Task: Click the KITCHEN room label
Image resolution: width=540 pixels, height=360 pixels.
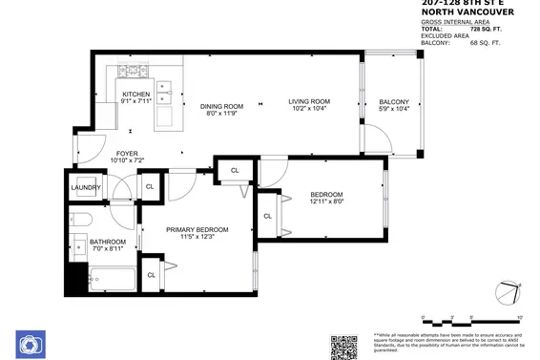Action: pos(136,94)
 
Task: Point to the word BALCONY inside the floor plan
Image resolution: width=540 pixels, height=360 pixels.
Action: pos(393,102)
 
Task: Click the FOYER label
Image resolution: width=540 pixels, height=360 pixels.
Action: pos(127,153)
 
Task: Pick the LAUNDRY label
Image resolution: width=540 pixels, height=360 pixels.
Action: pos(86,187)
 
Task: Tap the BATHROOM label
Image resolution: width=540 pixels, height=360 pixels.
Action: pos(108,242)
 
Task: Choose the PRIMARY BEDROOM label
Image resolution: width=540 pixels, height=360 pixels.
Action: pos(197,229)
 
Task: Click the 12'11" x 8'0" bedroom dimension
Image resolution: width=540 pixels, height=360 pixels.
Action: pos(332,201)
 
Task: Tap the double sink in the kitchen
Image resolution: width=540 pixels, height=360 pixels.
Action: pos(163,91)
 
